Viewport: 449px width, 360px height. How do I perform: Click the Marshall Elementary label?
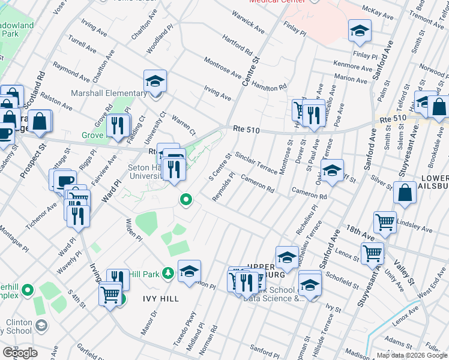pyautogui.click(x=105, y=94)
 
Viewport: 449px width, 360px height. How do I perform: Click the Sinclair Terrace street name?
pyautogui.click(x=256, y=162)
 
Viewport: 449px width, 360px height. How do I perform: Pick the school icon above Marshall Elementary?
pyautogui.click(x=155, y=82)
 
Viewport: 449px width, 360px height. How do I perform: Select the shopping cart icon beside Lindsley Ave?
pyautogui.click(x=385, y=222)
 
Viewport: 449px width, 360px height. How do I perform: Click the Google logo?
pyautogui.click(x=20, y=353)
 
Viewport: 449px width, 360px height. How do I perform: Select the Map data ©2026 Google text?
pyautogui.click(x=412, y=355)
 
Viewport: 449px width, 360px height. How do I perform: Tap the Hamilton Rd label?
pyautogui.click(x=269, y=85)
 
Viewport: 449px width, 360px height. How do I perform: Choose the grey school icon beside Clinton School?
pyautogui.click(x=41, y=326)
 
